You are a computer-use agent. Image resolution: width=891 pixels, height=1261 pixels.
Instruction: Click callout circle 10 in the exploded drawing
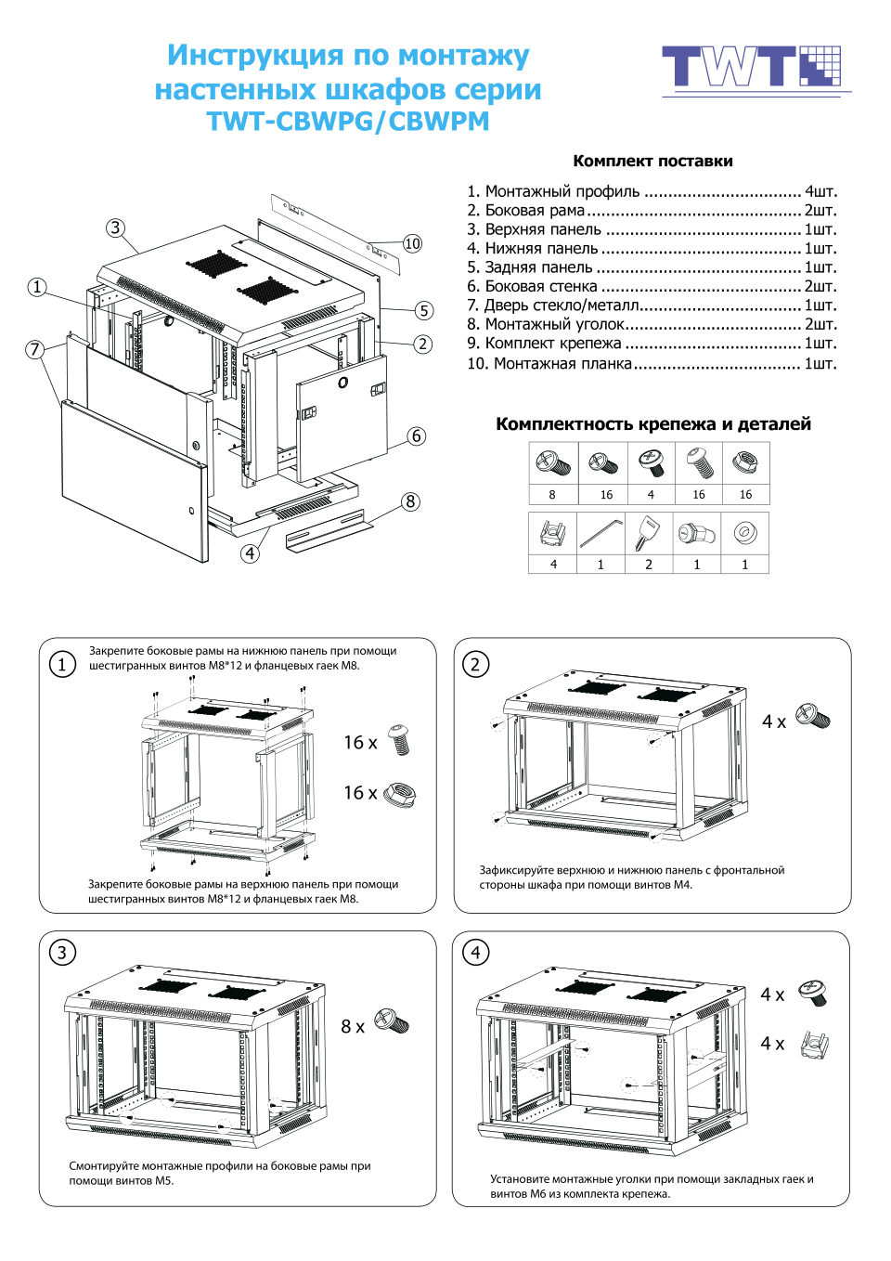412,243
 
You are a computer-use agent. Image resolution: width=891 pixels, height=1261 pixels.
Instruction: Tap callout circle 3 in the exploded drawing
115,227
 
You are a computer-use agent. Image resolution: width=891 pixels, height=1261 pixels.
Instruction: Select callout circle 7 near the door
35,349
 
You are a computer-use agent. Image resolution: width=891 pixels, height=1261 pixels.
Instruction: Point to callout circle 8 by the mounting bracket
411,501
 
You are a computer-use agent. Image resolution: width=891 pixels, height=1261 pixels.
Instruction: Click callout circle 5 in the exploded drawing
423,310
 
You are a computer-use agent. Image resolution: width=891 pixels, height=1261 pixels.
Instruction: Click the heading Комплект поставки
652,161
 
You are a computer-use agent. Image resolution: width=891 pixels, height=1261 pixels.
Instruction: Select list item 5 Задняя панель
651,267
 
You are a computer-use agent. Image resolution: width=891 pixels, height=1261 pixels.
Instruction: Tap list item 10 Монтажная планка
651,363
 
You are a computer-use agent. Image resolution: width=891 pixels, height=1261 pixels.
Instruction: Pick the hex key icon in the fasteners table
600,534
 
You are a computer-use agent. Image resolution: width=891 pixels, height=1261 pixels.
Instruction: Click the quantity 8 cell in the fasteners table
552,495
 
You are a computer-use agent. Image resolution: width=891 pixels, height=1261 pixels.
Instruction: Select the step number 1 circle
62,664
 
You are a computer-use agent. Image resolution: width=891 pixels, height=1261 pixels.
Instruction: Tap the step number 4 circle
475,952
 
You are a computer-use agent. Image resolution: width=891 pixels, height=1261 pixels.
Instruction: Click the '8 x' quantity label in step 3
353,1026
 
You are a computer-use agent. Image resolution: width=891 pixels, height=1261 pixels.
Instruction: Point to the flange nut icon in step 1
399,793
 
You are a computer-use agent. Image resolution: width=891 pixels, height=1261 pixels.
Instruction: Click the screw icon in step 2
812,718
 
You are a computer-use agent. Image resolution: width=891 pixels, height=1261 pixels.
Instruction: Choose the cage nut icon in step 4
813,1043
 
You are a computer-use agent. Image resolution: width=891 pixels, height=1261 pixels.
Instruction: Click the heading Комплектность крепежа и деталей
652,424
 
